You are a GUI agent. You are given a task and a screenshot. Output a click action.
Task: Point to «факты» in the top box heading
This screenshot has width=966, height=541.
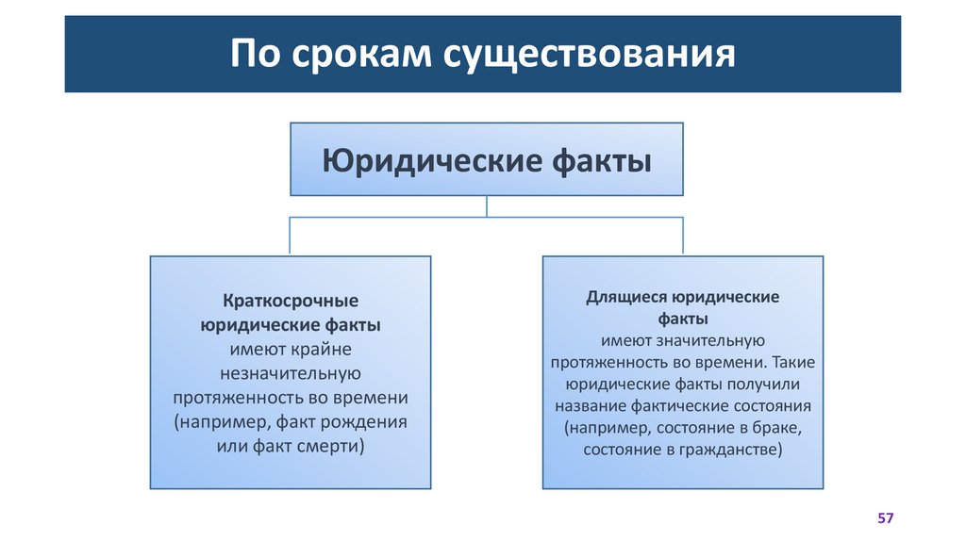(601, 159)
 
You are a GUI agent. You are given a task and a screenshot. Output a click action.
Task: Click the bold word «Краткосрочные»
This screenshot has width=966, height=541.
(291, 302)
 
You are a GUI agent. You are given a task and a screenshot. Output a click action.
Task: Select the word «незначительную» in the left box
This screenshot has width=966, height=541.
(291, 373)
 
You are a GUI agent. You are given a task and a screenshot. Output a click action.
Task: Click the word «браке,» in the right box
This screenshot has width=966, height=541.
(775, 428)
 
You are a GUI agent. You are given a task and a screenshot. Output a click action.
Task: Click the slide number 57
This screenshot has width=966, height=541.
(885, 518)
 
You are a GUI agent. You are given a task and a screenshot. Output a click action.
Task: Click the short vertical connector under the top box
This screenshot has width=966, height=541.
(486, 206)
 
